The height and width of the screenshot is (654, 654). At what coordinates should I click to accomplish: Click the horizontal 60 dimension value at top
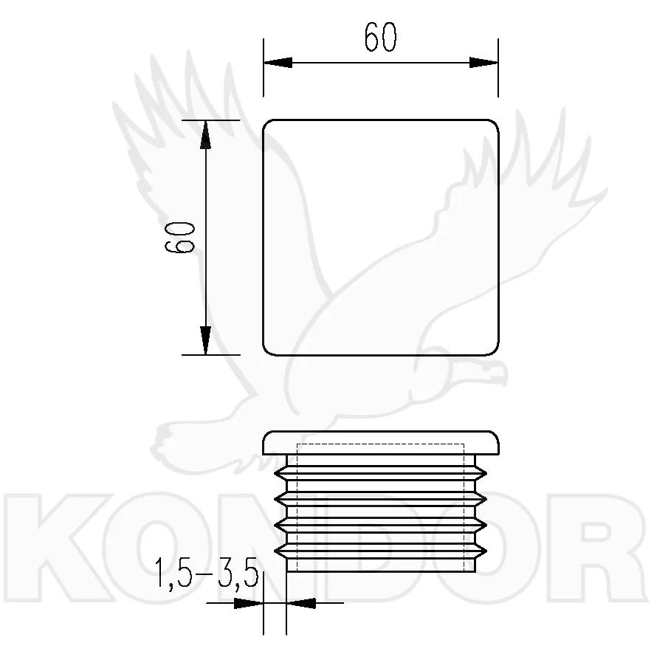380,37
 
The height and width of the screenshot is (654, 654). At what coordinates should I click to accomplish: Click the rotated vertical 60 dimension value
180,238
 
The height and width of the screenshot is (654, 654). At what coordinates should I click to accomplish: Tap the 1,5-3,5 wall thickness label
207,574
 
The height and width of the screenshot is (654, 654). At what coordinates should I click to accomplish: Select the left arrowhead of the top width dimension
278,63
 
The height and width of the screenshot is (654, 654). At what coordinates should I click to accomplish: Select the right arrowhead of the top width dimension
483,63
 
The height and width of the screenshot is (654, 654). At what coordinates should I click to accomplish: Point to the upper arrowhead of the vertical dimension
205,134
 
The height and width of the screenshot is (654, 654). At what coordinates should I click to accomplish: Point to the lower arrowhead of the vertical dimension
205,340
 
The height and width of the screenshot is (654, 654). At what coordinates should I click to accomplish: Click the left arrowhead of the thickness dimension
249,603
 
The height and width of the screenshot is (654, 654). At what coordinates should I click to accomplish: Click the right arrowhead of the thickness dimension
301,603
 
